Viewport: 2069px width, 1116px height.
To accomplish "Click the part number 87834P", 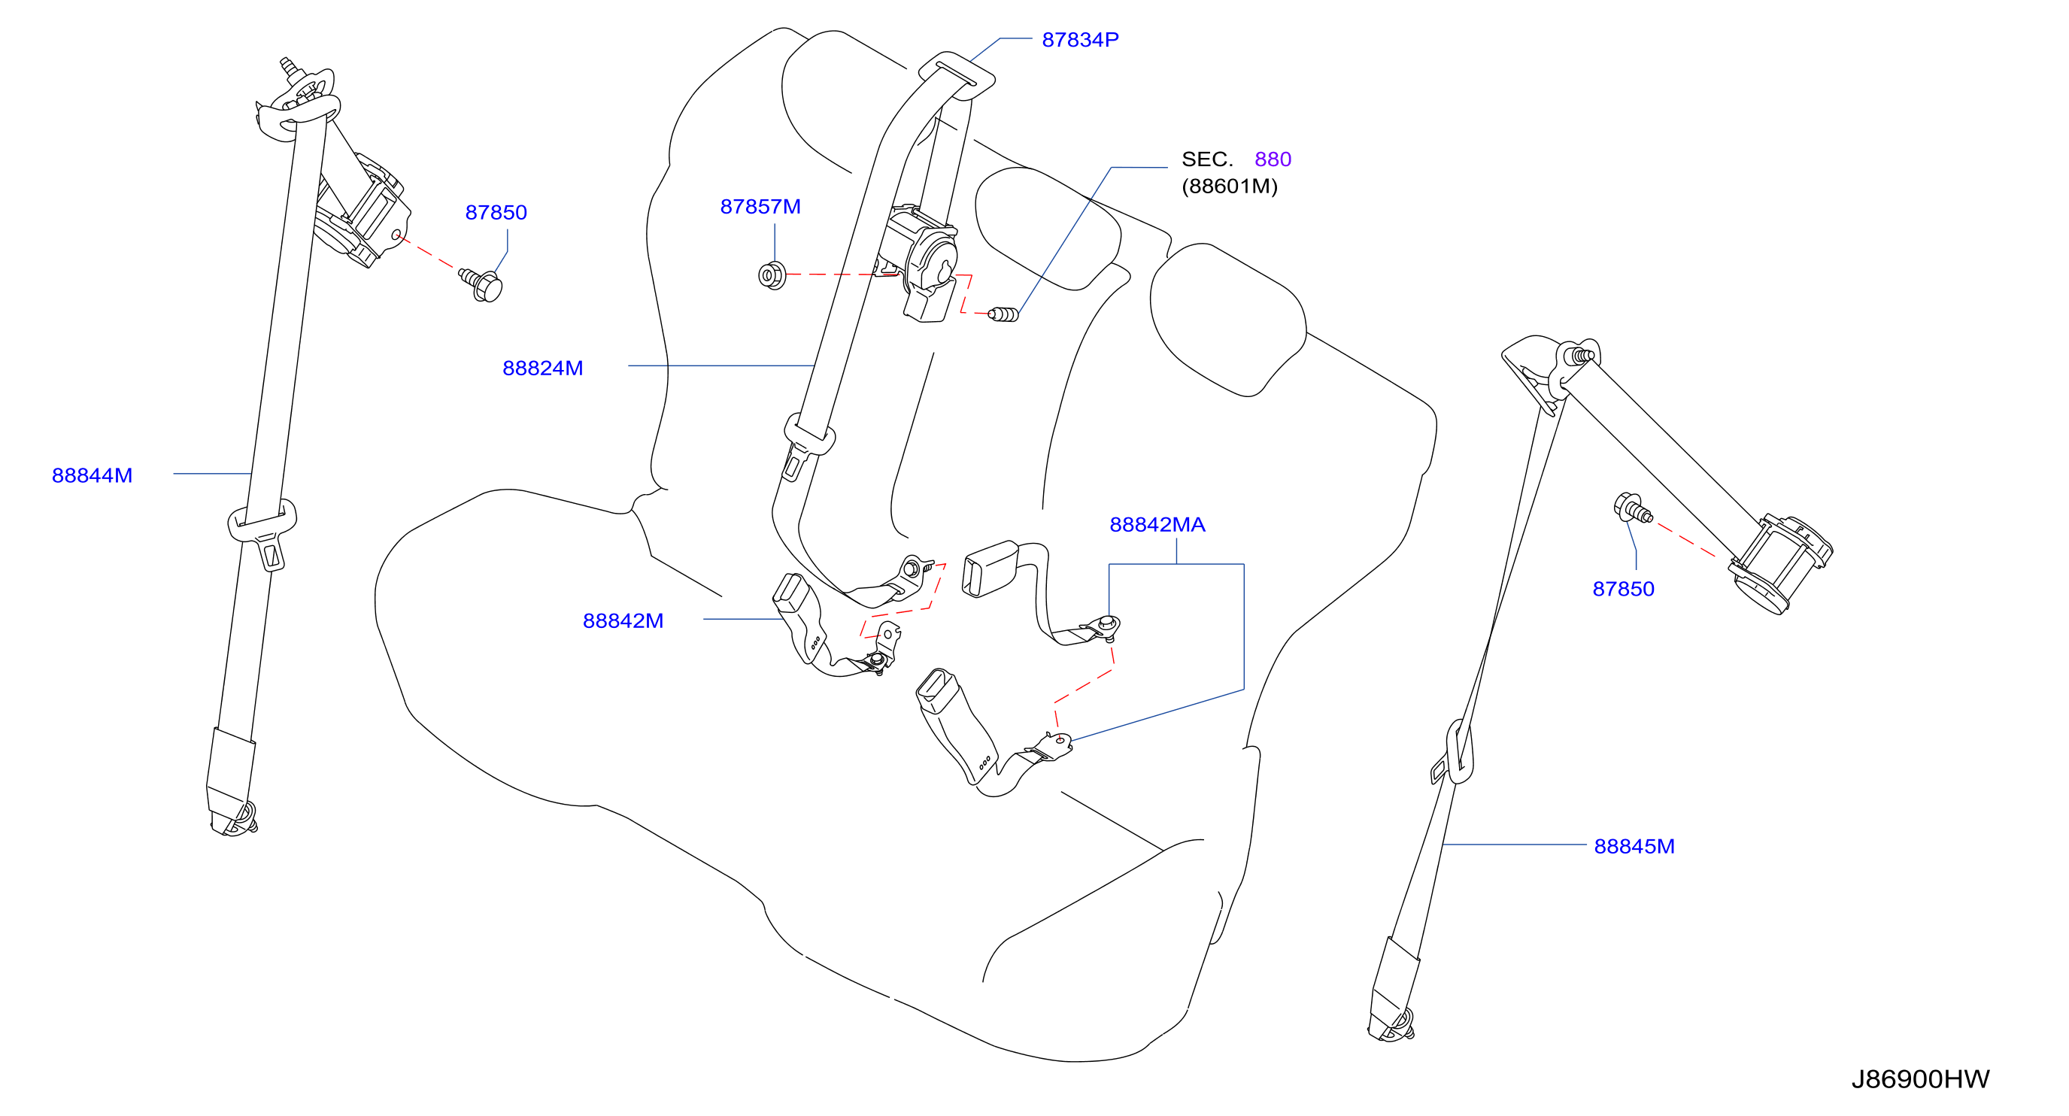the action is point(1079,39).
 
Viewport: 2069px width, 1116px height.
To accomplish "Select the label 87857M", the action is point(760,206).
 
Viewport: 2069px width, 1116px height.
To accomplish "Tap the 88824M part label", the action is point(542,368).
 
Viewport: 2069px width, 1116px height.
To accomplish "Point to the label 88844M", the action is point(92,475).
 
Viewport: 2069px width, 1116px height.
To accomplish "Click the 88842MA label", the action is point(1157,524).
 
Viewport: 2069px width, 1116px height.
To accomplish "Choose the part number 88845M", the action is point(1634,846).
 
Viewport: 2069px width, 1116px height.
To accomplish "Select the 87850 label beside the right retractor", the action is point(1623,589).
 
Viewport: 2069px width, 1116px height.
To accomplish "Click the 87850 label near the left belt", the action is point(496,212).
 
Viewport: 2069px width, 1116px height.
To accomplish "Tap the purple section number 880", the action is point(1273,159).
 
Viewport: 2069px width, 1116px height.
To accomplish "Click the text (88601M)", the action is point(1229,187).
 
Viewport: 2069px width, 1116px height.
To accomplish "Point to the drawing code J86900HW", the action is point(1919,1079).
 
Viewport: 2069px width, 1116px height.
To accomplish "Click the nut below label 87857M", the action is point(772,275).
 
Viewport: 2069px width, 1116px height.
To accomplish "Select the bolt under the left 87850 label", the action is point(481,284).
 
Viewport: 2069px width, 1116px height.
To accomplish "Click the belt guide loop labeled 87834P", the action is point(957,75).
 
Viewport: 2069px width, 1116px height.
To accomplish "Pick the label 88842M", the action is point(623,620).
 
